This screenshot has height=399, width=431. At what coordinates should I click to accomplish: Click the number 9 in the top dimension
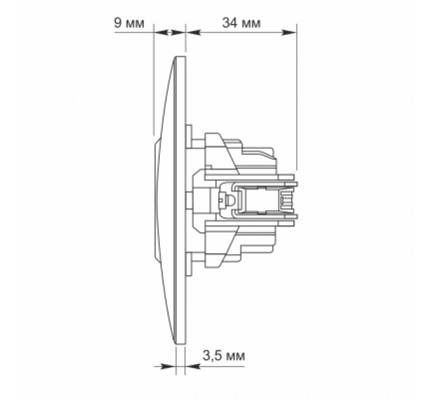[x=117, y=23]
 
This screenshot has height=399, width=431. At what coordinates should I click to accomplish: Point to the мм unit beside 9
[x=134, y=23]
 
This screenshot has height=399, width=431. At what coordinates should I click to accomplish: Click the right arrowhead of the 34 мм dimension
[x=292, y=31]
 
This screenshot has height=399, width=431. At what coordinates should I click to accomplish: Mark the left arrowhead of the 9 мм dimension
[x=158, y=31]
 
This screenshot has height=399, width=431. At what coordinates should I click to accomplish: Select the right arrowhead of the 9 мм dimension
[x=181, y=31]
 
